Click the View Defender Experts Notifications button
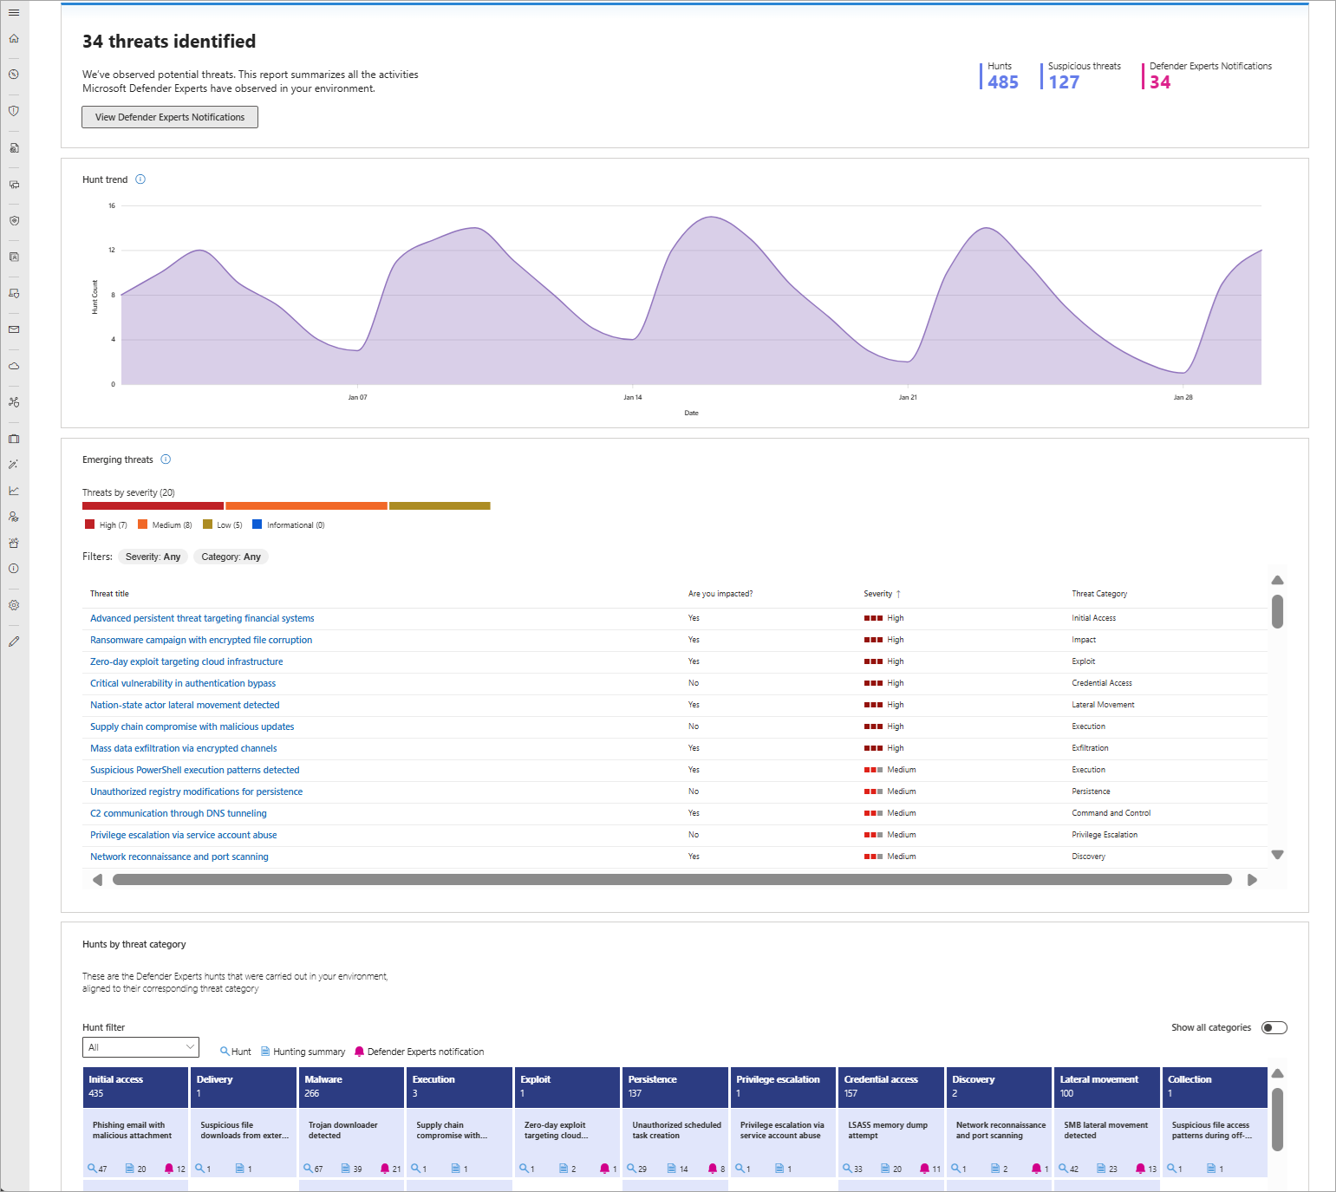tap(170, 117)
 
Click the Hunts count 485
tap(1003, 82)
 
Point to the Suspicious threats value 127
tap(1064, 82)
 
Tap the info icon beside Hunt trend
tap(140, 179)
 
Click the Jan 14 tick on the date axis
tap(633, 397)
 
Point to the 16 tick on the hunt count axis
tap(112, 205)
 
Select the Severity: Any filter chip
tap(153, 557)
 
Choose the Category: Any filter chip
tap(231, 557)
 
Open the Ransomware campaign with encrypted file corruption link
tap(201, 640)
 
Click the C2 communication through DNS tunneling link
tap(179, 813)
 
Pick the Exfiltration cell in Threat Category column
tap(1090, 748)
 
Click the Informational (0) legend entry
tap(289, 524)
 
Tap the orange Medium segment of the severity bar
tap(306, 505)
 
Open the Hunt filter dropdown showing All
tap(140, 1047)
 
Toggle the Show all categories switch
tap(1274, 1027)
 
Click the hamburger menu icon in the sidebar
tap(14, 13)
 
